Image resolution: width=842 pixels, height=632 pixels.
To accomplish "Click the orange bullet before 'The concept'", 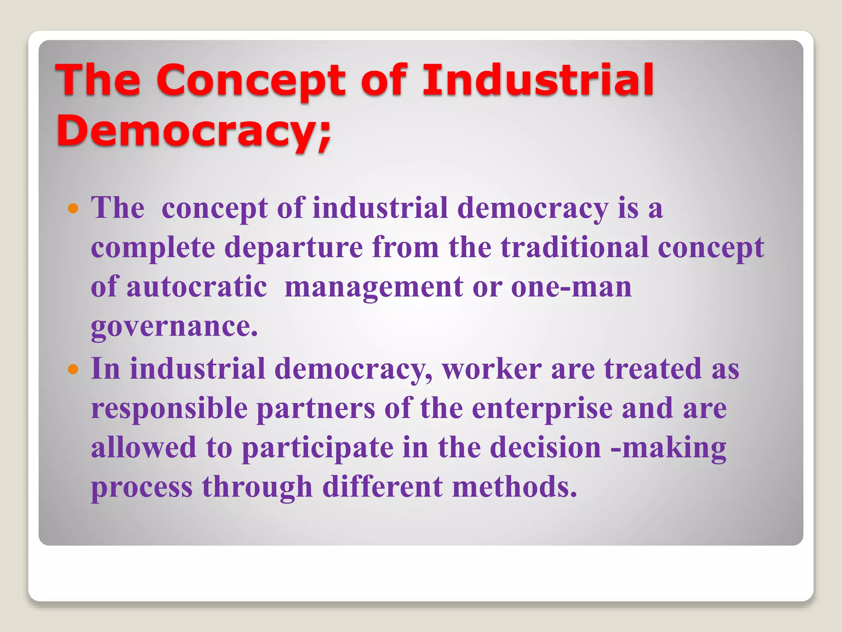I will [x=73, y=209].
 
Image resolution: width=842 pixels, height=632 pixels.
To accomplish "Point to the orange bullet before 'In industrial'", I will [x=73, y=369].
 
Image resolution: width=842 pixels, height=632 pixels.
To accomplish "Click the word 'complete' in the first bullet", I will [x=153, y=248].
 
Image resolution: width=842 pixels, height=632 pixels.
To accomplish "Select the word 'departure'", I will [x=294, y=247].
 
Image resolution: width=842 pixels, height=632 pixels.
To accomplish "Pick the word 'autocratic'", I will [x=197, y=287].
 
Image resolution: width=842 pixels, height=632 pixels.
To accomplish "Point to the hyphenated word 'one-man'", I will [x=571, y=287].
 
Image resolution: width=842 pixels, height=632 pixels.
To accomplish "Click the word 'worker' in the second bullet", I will [x=492, y=369].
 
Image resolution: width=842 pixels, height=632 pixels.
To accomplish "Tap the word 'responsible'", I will [x=169, y=409].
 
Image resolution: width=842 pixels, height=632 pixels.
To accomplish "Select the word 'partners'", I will [x=316, y=409].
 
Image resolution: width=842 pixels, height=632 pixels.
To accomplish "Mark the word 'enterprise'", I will [x=542, y=409].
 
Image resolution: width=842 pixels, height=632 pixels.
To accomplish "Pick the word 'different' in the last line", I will [x=382, y=487].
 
